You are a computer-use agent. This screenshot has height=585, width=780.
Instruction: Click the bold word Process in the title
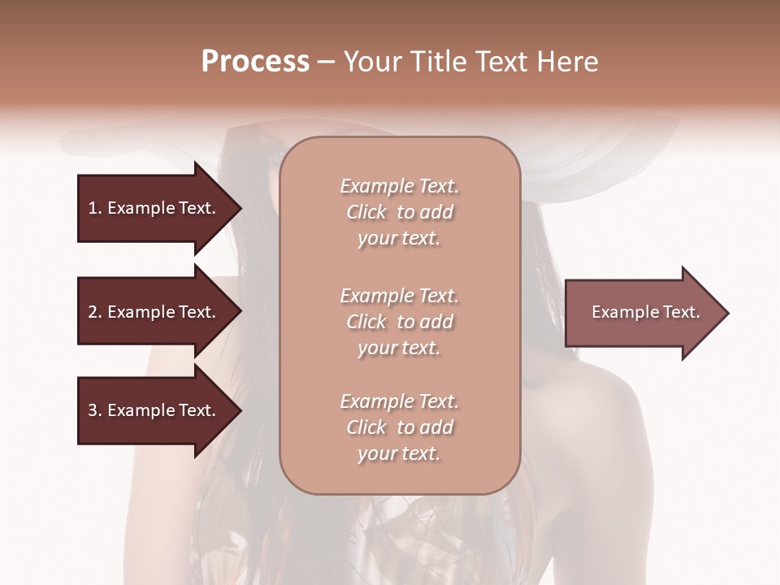(x=255, y=62)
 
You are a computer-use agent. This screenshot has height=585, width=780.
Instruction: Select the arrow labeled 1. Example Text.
(x=154, y=208)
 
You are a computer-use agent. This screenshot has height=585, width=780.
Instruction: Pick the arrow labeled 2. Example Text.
(x=154, y=312)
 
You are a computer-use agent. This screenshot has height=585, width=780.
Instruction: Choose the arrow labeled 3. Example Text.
(x=154, y=410)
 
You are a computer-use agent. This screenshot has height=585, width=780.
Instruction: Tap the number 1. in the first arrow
(x=94, y=208)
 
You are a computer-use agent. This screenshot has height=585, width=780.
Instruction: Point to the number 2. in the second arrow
(x=94, y=312)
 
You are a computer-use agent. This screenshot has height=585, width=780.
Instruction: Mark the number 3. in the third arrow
(x=94, y=410)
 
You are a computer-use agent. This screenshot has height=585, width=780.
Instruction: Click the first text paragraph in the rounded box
(x=399, y=212)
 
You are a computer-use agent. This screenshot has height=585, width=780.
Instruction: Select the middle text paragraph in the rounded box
(x=399, y=321)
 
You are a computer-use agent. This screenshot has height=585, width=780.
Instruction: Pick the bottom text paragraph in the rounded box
(x=399, y=427)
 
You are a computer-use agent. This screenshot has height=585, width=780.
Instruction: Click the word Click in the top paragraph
(x=366, y=212)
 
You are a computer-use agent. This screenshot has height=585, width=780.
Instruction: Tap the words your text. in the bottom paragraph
(x=399, y=453)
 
